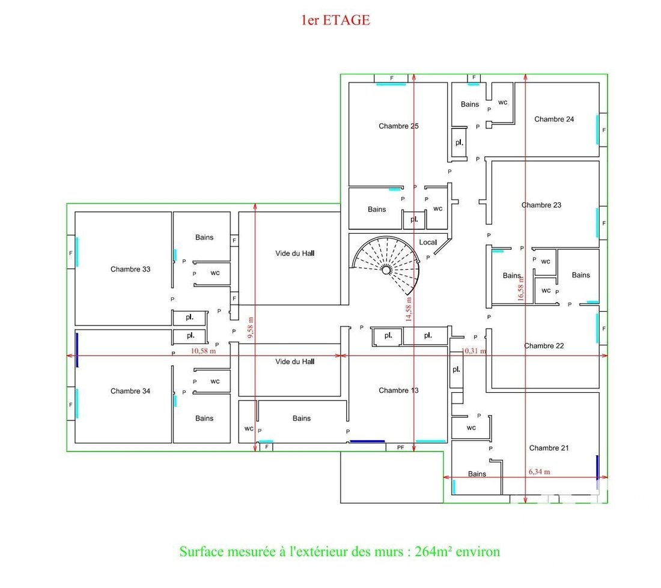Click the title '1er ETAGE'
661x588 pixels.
(335, 20)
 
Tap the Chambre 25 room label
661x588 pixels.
(398, 126)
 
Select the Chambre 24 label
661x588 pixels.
(554, 119)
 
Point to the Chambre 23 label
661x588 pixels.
(541, 205)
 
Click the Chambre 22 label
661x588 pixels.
(544, 346)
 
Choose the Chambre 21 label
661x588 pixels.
(549, 447)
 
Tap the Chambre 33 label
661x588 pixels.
(130, 269)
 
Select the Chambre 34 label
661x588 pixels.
(130, 391)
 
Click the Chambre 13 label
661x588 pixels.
(398, 390)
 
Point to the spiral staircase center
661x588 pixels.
(386, 270)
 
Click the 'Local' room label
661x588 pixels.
(428, 242)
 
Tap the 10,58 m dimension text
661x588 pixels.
(203, 351)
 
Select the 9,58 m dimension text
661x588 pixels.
(251, 328)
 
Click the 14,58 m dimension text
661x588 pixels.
(409, 309)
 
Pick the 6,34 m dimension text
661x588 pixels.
(539, 471)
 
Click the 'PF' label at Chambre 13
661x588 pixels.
(400, 447)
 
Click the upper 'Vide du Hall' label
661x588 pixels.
(294, 253)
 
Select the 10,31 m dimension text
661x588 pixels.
(474, 351)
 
